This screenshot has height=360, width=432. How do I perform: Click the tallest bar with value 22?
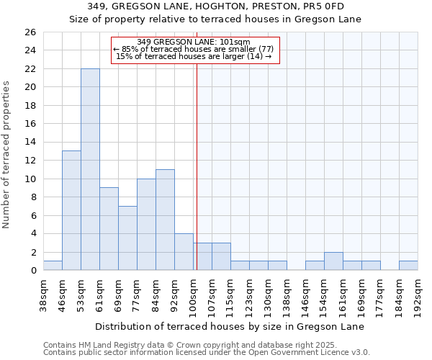pos(90,169)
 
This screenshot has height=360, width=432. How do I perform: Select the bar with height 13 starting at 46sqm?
pos(71,210)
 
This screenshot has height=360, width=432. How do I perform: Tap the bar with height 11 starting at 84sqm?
pos(165,220)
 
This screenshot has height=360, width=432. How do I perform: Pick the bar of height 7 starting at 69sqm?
pos(127,238)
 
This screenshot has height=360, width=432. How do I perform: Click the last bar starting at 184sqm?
pos(408,266)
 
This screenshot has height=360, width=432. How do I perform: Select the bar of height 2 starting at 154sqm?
pos(333,261)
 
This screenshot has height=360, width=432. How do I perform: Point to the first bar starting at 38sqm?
pos(53,266)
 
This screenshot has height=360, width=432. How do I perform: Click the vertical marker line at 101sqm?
pos(197,166)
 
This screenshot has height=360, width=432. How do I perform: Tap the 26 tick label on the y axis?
pos(30,32)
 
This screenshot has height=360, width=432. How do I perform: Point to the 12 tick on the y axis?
pos(30,161)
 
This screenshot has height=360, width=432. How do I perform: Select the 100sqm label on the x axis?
pos(193,294)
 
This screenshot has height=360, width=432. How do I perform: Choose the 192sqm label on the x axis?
pos(418,294)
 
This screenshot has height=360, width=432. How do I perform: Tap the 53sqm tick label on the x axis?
pos(81,292)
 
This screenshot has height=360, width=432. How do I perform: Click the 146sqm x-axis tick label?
pos(305,294)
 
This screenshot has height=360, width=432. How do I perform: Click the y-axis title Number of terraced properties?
pos(7,154)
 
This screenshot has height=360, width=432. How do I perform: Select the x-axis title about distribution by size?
pos(230,326)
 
